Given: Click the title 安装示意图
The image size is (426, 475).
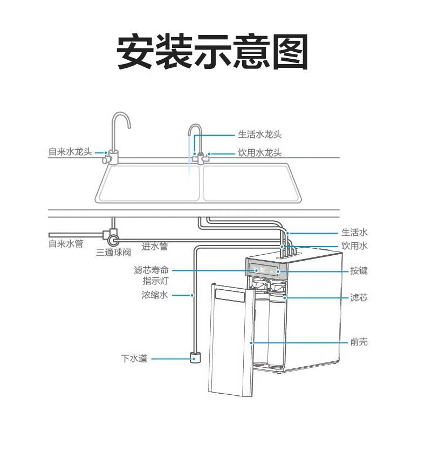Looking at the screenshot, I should pyautogui.click(x=212, y=52).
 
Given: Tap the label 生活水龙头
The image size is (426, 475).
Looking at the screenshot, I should pyautogui.click(x=260, y=135).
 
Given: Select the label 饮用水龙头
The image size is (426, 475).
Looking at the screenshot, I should pyautogui.click(x=260, y=153).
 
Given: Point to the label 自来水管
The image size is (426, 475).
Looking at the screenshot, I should pyautogui.click(x=66, y=244).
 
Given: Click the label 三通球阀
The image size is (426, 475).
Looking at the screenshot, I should pyautogui.click(x=114, y=252).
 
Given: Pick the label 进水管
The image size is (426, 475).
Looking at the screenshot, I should pyautogui.click(x=155, y=247).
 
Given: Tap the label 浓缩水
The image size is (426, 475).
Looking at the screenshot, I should pyautogui.click(x=155, y=295).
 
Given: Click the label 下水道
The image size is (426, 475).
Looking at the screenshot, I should pyautogui.click(x=134, y=358).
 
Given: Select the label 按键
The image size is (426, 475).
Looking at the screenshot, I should pyautogui.click(x=359, y=270).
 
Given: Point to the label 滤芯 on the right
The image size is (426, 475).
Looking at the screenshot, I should pyautogui.click(x=359, y=297).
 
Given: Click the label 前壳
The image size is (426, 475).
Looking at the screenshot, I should pyautogui.click(x=359, y=342).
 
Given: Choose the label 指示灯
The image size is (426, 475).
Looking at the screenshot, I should pyautogui.click(x=156, y=281).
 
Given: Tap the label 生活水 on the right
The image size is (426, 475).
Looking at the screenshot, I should pyautogui.click(x=354, y=233).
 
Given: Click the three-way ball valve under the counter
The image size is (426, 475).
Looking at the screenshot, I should pyautogui.click(x=113, y=237).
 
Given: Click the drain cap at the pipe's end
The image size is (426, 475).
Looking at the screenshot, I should pyautogui.click(x=195, y=357).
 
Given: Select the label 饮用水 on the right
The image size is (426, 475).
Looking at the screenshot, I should pyautogui.click(x=354, y=246).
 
